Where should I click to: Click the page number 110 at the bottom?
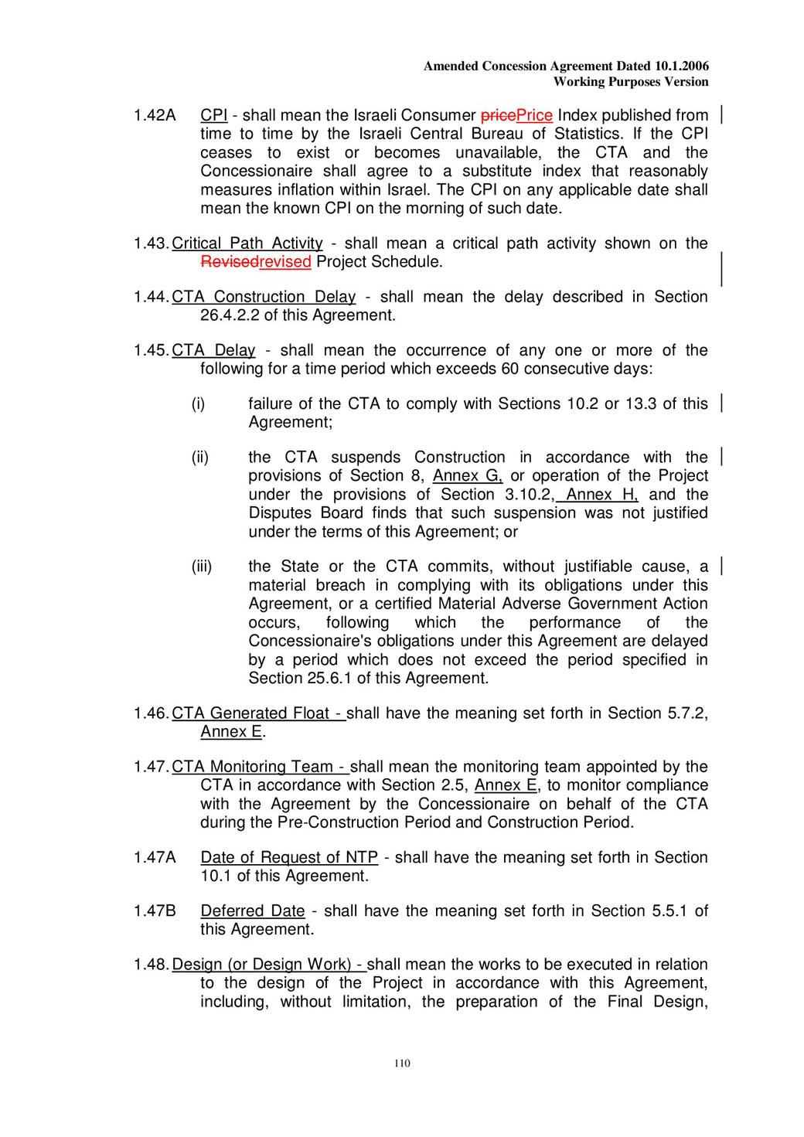(x=402, y=1063)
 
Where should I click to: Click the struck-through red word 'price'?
(x=498, y=115)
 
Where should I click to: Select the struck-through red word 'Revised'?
(x=229, y=262)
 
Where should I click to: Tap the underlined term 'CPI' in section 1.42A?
(x=213, y=115)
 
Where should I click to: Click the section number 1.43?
(x=151, y=243)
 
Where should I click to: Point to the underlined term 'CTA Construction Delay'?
(x=263, y=297)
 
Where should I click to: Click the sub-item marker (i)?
(x=199, y=403)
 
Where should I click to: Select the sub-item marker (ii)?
(x=200, y=457)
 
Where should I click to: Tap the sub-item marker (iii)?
(x=202, y=567)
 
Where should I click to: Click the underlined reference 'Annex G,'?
(x=468, y=475)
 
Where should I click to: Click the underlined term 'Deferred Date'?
(x=252, y=911)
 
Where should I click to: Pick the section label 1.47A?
(x=155, y=857)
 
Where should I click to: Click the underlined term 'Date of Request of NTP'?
(x=289, y=857)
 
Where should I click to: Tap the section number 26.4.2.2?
(x=230, y=315)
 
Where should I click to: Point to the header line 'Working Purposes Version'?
(x=630, y=81)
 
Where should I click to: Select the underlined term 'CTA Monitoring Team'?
(x=252, y=767)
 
